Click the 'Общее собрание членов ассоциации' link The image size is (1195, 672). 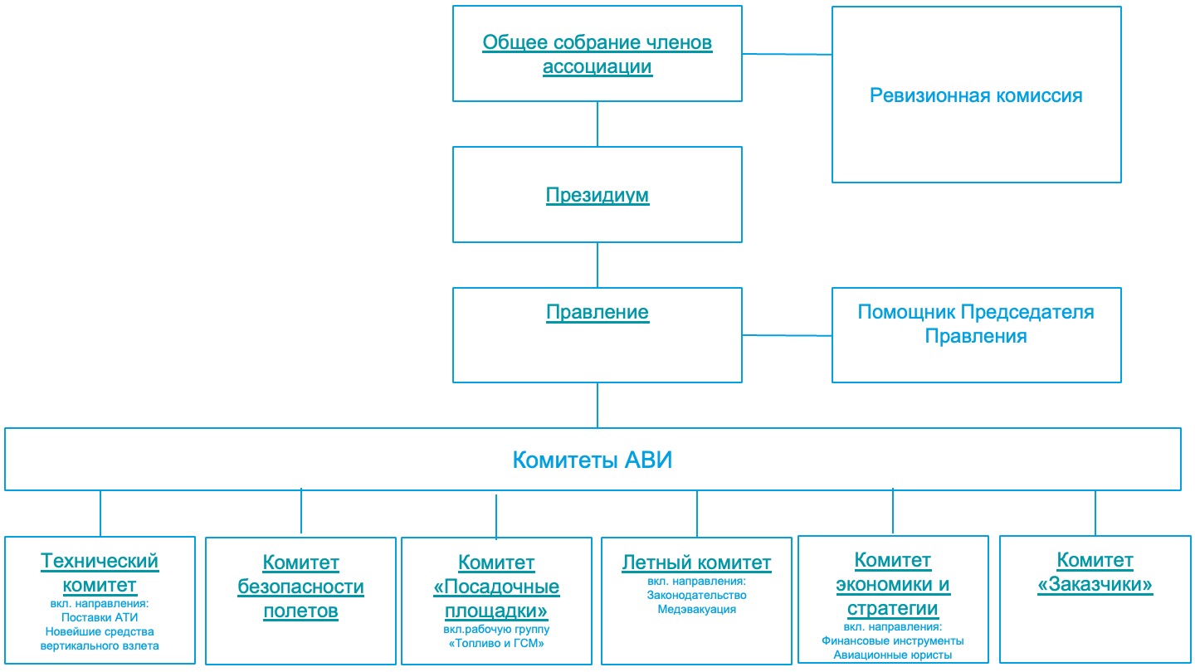[597, 55]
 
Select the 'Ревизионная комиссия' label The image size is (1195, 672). [976, 95]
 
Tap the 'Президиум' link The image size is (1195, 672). [597, 195]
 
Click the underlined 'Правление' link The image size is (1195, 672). [597, 312]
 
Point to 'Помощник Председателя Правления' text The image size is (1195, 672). [976, 324]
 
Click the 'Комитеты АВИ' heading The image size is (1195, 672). [593, 460]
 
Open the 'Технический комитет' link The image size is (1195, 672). [100, 572]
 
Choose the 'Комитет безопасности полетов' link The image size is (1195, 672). [301, 587]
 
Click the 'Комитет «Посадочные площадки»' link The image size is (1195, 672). [496, 587]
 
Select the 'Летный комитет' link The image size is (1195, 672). [697, 562]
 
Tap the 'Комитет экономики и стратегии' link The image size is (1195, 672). [893, 584]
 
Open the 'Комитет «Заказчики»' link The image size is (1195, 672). [1095, 572]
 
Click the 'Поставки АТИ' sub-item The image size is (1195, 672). [100, 617]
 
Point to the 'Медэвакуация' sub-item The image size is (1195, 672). [697, 609]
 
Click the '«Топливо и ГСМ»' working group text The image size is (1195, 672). [496, 643]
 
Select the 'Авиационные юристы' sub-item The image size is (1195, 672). [893, 655]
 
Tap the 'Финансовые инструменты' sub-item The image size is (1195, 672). [893, 640]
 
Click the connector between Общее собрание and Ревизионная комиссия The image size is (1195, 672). [787, 54]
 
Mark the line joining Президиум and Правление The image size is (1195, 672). [597, 265]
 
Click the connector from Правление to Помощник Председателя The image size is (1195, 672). [787, 335]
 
